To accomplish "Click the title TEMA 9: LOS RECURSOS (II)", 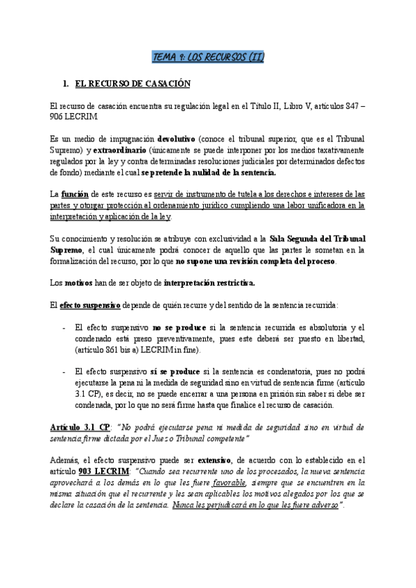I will click(x=208, y=56).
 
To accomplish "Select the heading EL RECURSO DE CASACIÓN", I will click(x=132, y=84).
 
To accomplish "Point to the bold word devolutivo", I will click(x=182, y=139).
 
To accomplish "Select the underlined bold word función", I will click(x=75, y=194).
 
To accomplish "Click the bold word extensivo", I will click(x=219, y=460).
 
